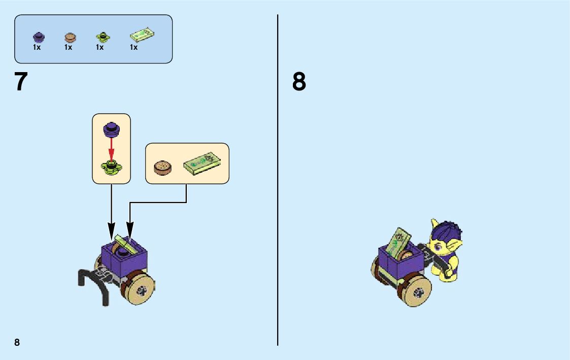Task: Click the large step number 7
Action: (21, 82)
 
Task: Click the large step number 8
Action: (299, 82)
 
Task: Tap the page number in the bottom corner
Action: (17, 342)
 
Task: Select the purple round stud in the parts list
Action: (39, 37)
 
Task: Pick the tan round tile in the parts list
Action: (70, 37)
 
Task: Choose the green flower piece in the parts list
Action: (102, 37)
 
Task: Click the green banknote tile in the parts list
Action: (142, 35)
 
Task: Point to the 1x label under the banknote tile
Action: (133, 48)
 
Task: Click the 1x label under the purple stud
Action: (37, 48)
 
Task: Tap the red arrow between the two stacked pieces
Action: (111, 148)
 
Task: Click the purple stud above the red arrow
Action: (111, 129)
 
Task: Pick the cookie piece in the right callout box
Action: (162, 168)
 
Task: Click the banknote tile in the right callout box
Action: (202, 163)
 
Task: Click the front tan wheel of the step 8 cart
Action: (419, 292)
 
